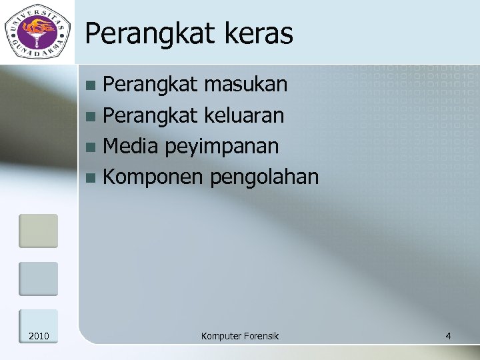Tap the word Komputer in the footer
[x=220, y=335]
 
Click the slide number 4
[x=448, y=335]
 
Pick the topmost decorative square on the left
[x=38, y=230]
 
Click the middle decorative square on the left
[x=38, y=278]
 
